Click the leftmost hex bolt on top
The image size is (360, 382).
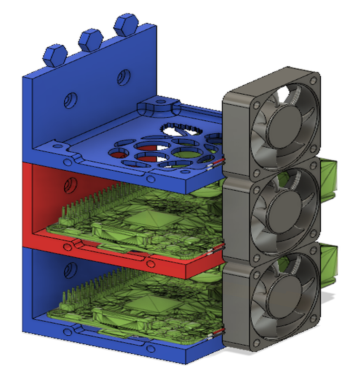pos(55,55)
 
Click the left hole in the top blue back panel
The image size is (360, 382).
pos(70,100)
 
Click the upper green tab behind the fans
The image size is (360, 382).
pos(329,177)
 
